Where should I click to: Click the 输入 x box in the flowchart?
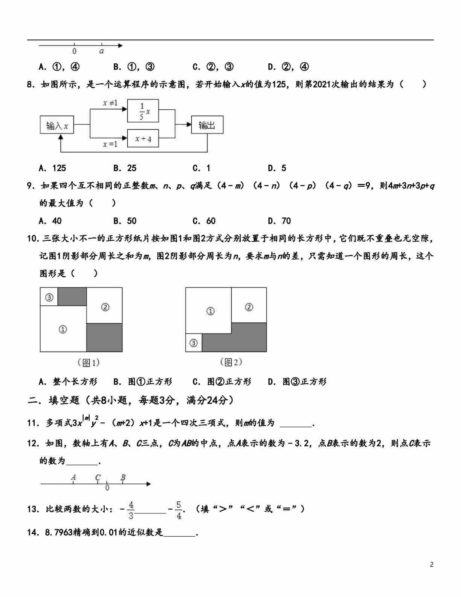[57, 125]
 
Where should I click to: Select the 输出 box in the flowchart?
[207, 125]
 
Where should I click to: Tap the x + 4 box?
[143, 139]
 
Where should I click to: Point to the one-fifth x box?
[143, 111]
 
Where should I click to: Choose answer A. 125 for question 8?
[52, 168]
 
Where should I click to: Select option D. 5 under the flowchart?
[277, 168]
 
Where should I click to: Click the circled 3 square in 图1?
[49, 297]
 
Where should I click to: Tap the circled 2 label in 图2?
[249, 307]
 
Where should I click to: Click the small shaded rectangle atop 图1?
[72, 297]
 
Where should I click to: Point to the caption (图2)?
[230, 362]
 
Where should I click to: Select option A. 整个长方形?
[68, 382]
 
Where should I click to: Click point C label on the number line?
[98, 478]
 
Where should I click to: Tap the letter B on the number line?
[123, 478]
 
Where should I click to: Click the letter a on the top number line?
[102, 51]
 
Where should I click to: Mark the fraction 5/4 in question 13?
[179, 510]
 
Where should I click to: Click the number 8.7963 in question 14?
[58, 533]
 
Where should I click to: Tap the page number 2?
[432, 564]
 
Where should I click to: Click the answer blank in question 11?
[296, 423]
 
